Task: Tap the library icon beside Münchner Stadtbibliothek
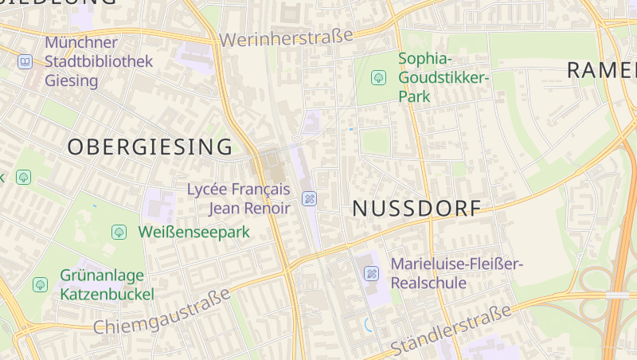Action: [x=25, y=61]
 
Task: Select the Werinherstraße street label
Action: [x=286, y=37]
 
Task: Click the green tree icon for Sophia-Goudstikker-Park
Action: [x=379, y=77]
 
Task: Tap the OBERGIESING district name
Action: [x=150, y=147]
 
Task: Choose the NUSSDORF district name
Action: [x=416, y=209]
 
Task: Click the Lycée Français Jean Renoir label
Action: [x=238, y=198]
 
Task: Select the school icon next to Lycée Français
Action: [x=310, y=198]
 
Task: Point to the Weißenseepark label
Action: [x=193, y=232]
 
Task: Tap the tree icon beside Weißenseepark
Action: [x=119, y=232]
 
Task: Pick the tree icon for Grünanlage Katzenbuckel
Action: [x=40, y=284]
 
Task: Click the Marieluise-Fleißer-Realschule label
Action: [x=456, y=273]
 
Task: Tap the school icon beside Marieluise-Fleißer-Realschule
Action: [x=371, y=274]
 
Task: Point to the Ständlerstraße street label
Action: [x=451, y=332]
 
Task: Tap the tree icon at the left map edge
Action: [x=23, y=177]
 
